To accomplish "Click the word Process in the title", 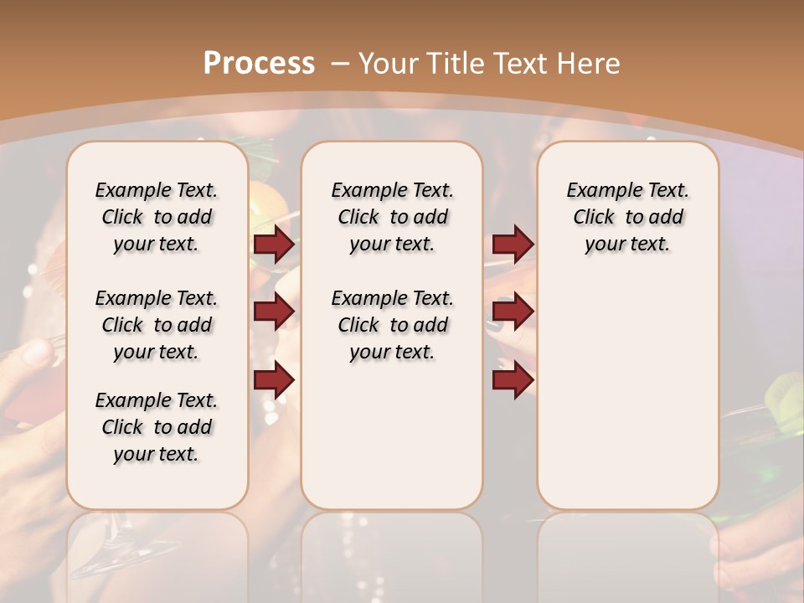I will [x=259, y=63].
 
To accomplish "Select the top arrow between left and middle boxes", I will [x=274, y=245].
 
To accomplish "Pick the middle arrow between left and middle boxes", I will [x=274, y=312].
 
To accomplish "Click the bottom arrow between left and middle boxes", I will [x=274, y=379].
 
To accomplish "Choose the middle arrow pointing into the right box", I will [x=513, y=312].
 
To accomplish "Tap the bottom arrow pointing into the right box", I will [x=513, y=379].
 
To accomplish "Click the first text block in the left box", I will [x=157, y=217].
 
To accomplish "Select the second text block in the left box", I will [x=157, y=325].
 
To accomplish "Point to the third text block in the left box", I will [x=157, y=427].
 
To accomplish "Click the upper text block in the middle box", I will [x=392, y=217].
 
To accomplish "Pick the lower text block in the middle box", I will [x=392, y=325].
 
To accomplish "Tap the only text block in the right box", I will [x=627, y=217].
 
